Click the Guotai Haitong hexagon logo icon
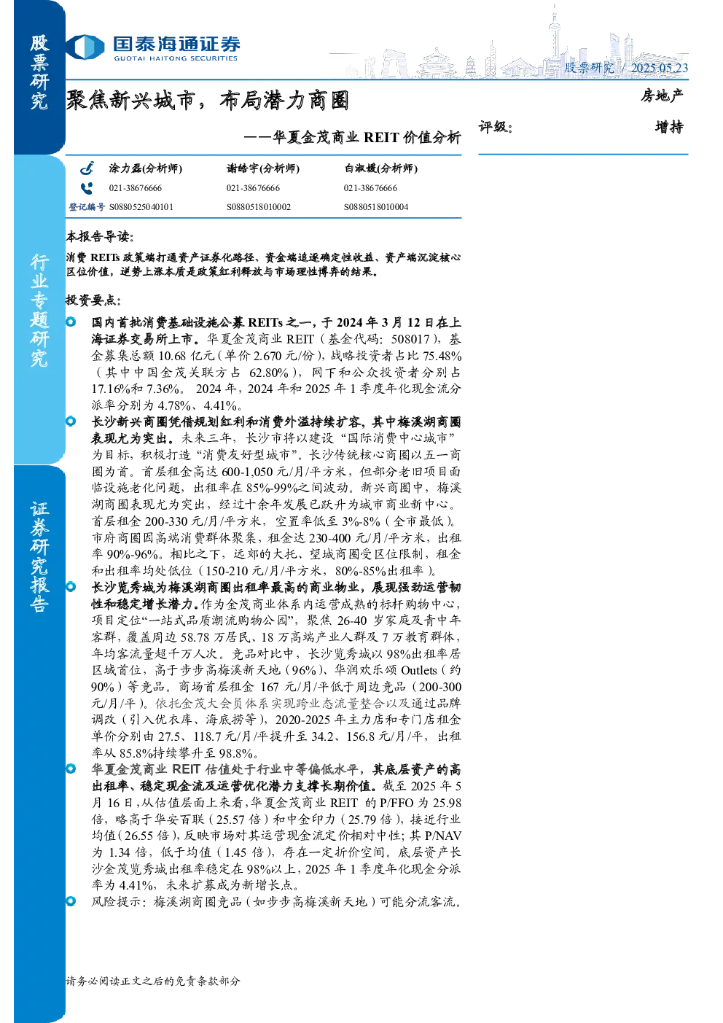pyautogui.click(x=85, y=47)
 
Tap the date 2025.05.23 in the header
pyautogui.click(x=659, y=68)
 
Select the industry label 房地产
pyautogui.click(x=661, y=96)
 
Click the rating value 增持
pyautogui.click(x=669, y=127)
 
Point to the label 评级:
pyautogui.click(x=496, y=127)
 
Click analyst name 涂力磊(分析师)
pyautogui.click(x=145, y=168)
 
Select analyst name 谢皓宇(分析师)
pyautogui.click(x=263, y=168)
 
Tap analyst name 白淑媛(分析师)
pyautogui.click(x=380, y=168)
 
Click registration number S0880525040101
pyautogui.click(x=141, y=207)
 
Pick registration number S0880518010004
pyautogui.click(x=376, y=207)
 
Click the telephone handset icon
pyautogui.click(x=87, y=187)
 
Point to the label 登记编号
pyautogui.click(x=87, y=207)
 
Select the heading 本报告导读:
pyautogui.click(x=100, y=236)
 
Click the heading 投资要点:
pyautogui.click(x=93, y=300)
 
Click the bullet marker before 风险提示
pyautogui.click(x=71, y=901)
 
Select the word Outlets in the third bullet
pyautogui.click(x=418, y=670)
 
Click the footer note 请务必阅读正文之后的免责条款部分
pyautogui.click(x=153, y=981)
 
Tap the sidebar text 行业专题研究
pyautogui.click(x=39, y=311)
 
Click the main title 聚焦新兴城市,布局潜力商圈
pyautogui.click(x=208, y=101)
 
